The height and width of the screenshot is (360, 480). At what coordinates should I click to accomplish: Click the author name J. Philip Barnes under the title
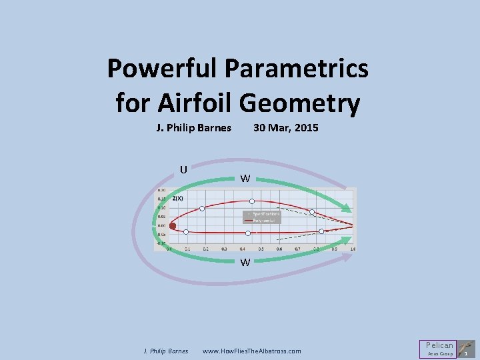[x=193, y=127]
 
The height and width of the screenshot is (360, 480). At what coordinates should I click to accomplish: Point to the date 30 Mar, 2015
[x=285, y=127]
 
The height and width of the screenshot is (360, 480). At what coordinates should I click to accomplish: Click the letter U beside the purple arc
[x=183, y=169]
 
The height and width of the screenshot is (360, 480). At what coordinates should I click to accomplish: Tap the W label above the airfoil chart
[x=245, y=179]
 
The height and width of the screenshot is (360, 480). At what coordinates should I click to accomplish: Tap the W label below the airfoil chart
[x=245, y=262]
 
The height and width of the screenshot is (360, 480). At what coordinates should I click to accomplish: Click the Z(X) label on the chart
[x=178, y=198]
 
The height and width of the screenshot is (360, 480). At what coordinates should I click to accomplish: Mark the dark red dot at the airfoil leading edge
[x=173, y=226]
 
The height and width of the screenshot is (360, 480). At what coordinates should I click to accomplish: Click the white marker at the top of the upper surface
[x=252, y=201]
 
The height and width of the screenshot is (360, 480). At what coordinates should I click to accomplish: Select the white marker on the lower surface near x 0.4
[x=248, y=233]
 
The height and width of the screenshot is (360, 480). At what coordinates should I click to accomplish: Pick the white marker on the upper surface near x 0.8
[x=312, y=212]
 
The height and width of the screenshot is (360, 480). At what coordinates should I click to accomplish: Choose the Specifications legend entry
[x=265, y=213]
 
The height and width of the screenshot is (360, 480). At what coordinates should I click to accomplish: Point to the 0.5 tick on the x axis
[x=261, y=249]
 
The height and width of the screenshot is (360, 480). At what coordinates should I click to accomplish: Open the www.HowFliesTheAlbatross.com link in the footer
[x=251, y=351]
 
